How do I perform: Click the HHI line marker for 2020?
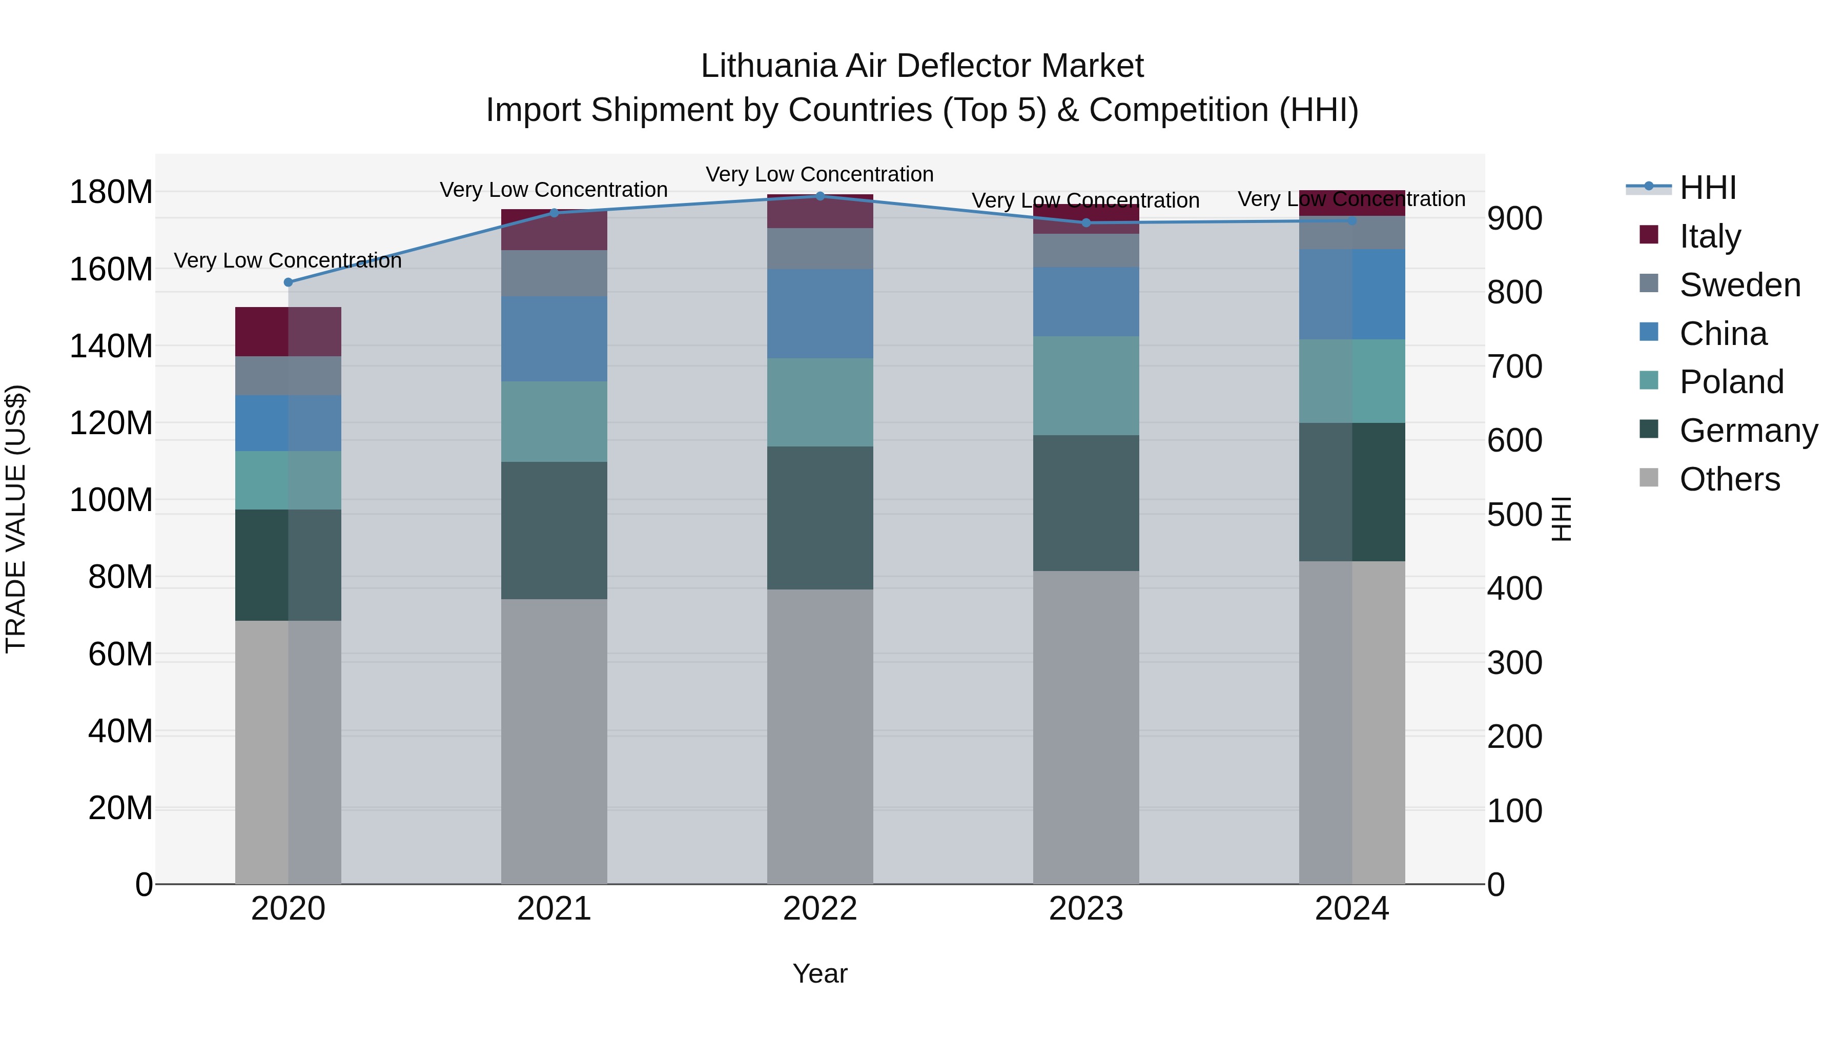pyautogui.click(x=288, y=282)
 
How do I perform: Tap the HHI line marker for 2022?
pyautogui.click(x=820, y=196)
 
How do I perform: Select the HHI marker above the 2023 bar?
pyautogui.click(x=1086, y=223)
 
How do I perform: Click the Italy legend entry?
pyautogui.click(x=1710, y=236)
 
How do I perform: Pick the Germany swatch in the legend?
pyautogui.click(x=1649, y=430)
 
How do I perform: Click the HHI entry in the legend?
pyautogui.click(x=1708, y=188)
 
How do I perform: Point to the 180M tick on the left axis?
pyautogui.click(x=111, y=192)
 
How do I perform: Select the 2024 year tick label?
pyautogui.click(x=1351, y=909)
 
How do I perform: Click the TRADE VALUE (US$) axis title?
pyautogui.click(x=16, y=519)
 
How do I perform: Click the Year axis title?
pyautogui.click(x=819, y=973)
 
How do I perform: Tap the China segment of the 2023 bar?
pyautogui.click(x=1086, y=301)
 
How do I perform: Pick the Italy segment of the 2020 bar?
pyautogui.click(x=288, y=332)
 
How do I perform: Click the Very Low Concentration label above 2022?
pyautogui.click(x=819, y=174)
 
